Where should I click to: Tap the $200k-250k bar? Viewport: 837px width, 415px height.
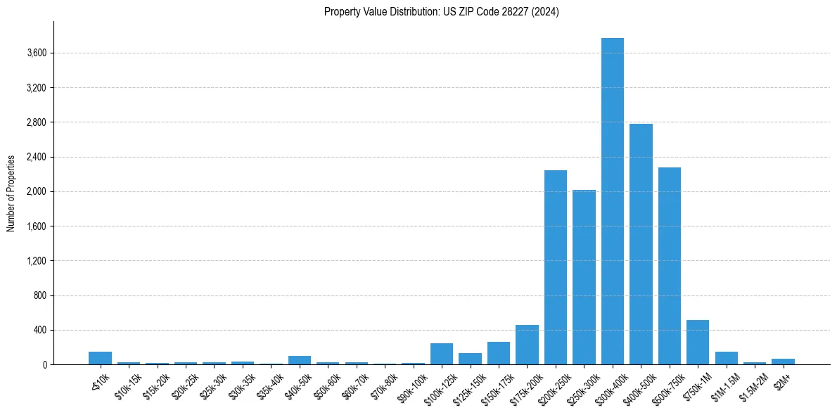[555, 267]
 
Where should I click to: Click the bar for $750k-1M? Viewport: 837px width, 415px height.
[698, 343]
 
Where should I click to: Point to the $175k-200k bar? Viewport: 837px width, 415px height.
[527, 345]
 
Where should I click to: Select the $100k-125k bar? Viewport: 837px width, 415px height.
[441, 354]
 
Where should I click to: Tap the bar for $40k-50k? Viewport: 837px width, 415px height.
[299, 360]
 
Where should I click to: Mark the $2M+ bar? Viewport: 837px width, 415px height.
[783, 362]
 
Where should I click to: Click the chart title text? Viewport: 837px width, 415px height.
[441, 12]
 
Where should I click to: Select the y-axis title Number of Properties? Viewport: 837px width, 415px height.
[11, 193]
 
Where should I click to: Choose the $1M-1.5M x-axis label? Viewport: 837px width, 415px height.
[722, 384]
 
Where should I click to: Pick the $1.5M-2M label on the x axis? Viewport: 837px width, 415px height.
[751, 384]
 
